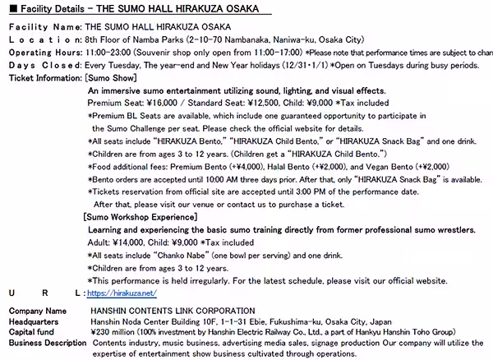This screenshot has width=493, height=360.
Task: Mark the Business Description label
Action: (46, 342)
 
